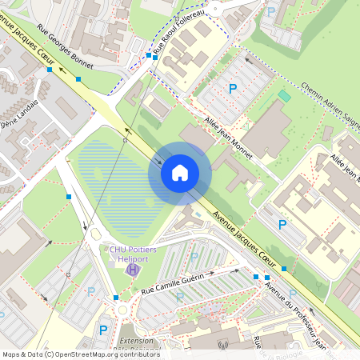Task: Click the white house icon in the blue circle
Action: point(180,172)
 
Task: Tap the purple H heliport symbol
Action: point(132,269)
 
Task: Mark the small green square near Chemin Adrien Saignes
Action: point(284,96)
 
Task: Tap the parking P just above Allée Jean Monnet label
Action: point(233,89)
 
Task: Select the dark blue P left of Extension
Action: point(103,330)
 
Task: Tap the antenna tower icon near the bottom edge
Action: point(222,346)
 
